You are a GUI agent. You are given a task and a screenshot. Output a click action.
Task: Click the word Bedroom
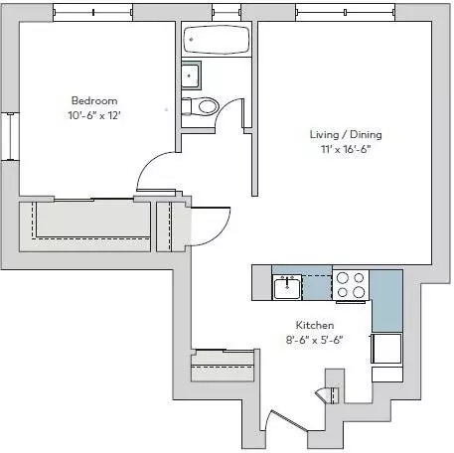tap(94, 100)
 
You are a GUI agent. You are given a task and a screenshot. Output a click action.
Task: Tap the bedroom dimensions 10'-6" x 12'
tap(94, 115)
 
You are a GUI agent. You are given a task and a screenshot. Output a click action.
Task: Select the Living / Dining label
tap(346, 134)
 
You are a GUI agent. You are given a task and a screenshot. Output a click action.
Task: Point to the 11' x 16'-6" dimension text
tap(346, 149)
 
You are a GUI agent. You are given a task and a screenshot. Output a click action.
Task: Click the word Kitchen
tap(315, 325)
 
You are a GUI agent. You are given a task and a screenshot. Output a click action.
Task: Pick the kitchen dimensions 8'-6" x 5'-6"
tap(314, 340)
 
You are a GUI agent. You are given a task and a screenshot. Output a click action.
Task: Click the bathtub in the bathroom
tap(217, 40)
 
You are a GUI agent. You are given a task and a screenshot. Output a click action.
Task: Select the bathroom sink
tap(191, 75)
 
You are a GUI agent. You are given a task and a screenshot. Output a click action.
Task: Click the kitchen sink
tap(287, 287)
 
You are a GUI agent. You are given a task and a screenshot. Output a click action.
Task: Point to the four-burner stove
tap(351, 285)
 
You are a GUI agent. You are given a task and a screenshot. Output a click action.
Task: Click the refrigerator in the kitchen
tap(386, 349)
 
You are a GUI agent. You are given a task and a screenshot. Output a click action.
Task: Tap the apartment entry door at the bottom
tap(287, 421)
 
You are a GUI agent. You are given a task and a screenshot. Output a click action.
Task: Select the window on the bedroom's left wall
tap(10, 136)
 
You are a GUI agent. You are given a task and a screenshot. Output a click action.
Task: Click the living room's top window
tap(346, 13)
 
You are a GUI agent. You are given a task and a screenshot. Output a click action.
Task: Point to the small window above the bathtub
tap(227, 13)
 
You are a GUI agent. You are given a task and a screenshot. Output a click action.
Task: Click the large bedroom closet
tap(85, 226)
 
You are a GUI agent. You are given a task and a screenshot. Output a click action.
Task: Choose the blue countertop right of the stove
tap(386, 301)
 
